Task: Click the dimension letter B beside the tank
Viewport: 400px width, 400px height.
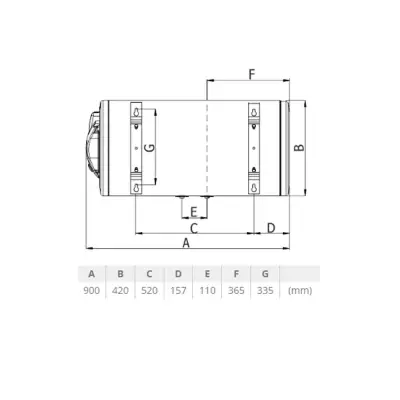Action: coord(298,147)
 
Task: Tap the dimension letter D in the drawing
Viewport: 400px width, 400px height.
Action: coord(271,228)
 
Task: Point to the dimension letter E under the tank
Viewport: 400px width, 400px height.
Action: coord(193,211)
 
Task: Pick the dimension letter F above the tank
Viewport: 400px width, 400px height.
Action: coord(251,75)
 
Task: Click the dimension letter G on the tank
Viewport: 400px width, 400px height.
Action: coord(150,147)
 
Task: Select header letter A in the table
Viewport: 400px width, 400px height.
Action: coord(92,273)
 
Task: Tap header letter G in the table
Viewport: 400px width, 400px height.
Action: coord(264,273)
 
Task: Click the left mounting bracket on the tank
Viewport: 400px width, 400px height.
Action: coord(136,147)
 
